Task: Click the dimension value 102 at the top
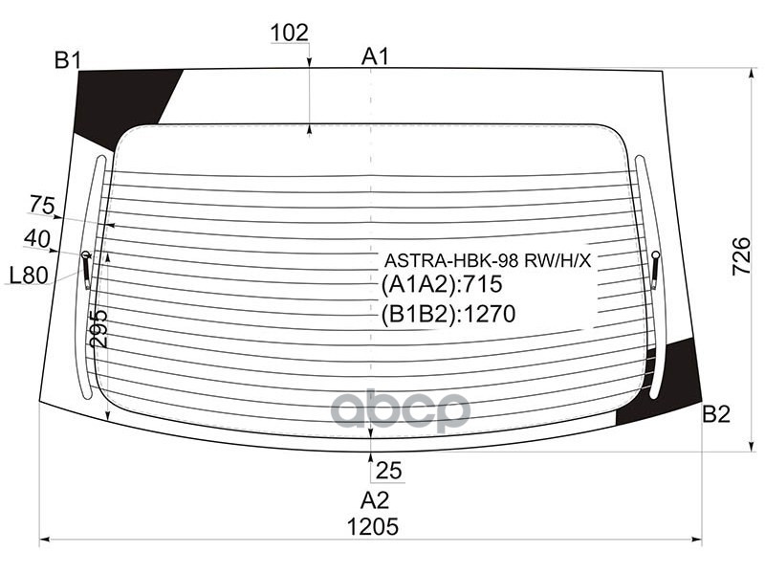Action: (x=290, y=33)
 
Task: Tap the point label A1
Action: (x=376, y=56)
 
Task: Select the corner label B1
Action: (x=66, y=62)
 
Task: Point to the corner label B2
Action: (x=716, y=414)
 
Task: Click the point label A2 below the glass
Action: (x=375, y=499)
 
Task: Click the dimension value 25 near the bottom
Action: (x=388, y=470)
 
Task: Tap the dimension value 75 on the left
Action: (x=42, y=205)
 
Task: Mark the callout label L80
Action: (x=29, y=276)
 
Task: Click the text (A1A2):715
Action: (x=441, y=286)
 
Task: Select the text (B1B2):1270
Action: (x=448, y=314)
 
